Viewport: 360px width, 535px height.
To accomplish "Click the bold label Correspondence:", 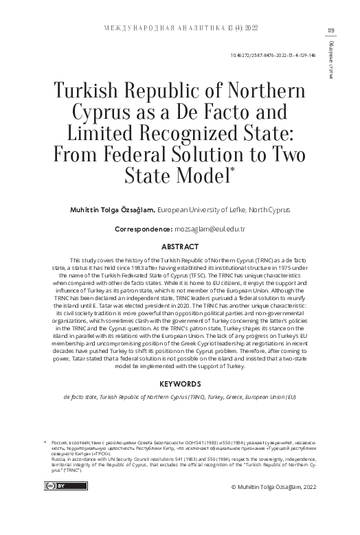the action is coord(143,227).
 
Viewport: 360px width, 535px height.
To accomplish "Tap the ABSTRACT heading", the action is coord(180,247).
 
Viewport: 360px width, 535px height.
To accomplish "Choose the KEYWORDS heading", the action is coord(180,384).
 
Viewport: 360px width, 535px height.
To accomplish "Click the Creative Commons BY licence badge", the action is coord(56,485).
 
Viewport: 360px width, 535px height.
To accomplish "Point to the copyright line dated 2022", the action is coord(273,486).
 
